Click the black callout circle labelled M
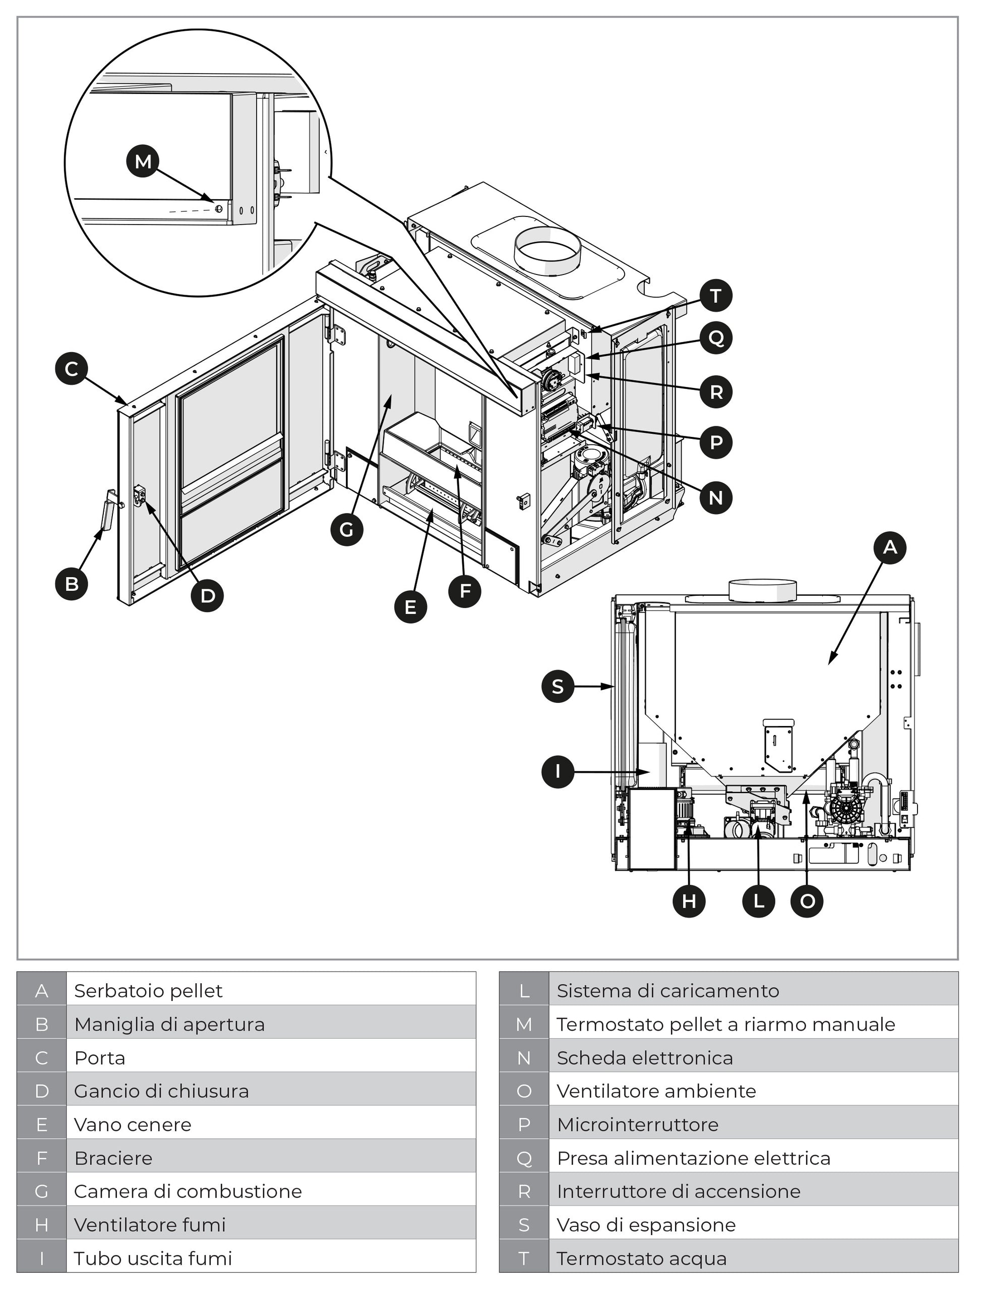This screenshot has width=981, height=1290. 143,161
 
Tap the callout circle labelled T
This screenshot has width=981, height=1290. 716,296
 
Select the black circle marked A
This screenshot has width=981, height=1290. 889,547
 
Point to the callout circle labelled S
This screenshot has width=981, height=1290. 558,686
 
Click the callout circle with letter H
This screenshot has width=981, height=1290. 689,901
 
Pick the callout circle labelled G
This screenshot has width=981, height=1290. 347,530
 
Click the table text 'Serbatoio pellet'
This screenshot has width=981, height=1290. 148,991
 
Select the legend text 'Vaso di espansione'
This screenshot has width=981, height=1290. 646,1225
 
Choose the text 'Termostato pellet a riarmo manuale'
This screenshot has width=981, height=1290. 725,1025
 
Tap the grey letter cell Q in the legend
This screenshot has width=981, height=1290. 524,1158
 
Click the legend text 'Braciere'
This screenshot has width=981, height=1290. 113,1158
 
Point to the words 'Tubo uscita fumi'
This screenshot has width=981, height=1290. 153,1258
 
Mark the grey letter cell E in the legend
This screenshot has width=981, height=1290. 41,1125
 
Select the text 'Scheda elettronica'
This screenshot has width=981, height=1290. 645,1058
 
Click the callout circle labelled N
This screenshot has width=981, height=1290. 716,498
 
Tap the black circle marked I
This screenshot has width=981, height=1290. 558,772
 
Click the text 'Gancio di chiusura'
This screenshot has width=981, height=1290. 161,1091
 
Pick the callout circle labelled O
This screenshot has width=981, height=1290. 807,901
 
